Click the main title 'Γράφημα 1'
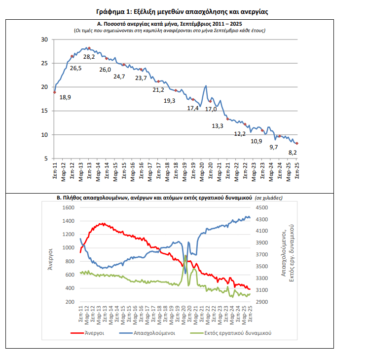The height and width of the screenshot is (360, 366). pos(182,11)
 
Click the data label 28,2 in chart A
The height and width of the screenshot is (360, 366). pos(89,57)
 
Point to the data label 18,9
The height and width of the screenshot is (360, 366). pos(65,97)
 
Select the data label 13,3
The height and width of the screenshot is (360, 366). pos(218,126)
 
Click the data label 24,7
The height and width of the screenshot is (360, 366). pos(119,76)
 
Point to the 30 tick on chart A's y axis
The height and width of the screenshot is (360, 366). pos(44,40)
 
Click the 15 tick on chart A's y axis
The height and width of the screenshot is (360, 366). pos(44,111)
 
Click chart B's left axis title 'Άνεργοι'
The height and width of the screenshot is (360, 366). pos(50,255)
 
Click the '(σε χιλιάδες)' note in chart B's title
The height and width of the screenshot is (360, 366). pos(269,198)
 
